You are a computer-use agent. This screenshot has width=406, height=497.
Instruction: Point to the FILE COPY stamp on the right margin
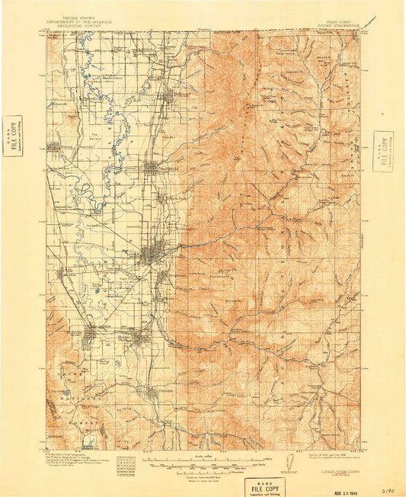[x=383, y=151]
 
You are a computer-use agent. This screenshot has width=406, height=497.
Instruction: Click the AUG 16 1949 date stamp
[x=347, y=480]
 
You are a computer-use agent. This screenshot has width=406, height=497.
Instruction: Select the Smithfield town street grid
[x=152, y=168]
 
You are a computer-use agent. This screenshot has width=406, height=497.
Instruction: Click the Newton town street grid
[x=55, y=147]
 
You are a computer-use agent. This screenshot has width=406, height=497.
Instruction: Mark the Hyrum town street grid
[x=137, y=335]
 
